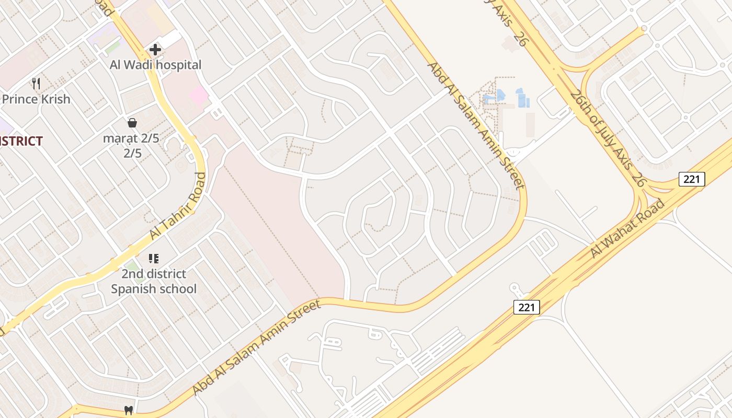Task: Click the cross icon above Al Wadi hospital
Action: click(155, 50)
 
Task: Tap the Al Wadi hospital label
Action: click(155, 65)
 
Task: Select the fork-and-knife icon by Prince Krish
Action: click(36, 84)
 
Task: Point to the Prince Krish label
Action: click(36, 99)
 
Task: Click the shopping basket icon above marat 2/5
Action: click(132, 123)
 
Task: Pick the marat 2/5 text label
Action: click(131, 138)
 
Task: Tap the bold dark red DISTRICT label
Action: click(21, 141)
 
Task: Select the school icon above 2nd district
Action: click(153, 258)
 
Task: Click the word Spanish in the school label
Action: click(133, 289)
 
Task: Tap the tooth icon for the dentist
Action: click(128, 411)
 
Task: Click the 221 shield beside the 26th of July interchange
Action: click(692, 179)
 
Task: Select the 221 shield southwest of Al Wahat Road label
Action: click(526, 307)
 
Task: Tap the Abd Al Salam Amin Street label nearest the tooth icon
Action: click(256, 347)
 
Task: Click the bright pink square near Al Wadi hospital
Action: click(199, 96)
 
